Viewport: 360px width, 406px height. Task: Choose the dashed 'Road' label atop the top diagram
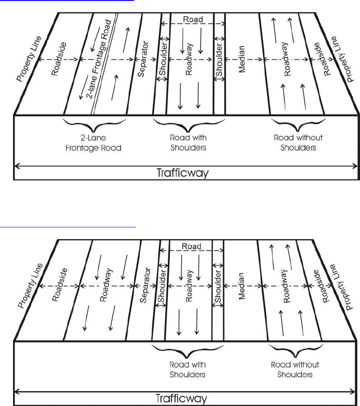coord(193,20)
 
